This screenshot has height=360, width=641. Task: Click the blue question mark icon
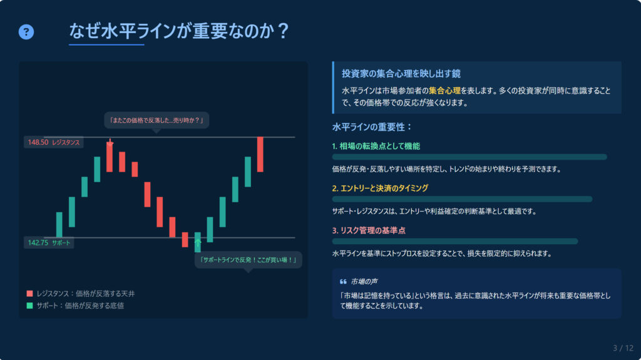tap(26, 32)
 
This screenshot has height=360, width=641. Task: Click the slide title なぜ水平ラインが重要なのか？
tap(179, 31)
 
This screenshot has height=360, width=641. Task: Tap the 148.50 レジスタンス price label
tap(54, 142)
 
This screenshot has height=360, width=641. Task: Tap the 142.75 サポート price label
tap(49, 242)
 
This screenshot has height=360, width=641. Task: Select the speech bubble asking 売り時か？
tap(156, 120)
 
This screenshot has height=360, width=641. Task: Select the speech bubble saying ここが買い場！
tap(248, 260)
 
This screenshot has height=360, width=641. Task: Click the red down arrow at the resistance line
tap(110, 142)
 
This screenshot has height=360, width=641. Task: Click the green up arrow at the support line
tap(198, 244)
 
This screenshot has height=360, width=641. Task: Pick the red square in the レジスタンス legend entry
tap(29, 293)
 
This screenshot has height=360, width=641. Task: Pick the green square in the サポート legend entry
tap(29, 305)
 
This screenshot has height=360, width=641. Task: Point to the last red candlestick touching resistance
tap(260, 154)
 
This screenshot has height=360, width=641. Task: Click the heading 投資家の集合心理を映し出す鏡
tap(401, 74)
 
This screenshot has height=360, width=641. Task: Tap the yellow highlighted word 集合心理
tap(444, 91)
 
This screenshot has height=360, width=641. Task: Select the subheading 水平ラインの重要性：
tap(372, 127)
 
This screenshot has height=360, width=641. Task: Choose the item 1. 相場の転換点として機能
tap(376, 146)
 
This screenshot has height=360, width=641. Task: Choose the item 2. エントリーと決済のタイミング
tap(380, 188)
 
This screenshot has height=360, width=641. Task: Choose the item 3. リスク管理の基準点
tap(369, 230)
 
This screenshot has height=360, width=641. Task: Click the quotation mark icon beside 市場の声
tap(344, 282)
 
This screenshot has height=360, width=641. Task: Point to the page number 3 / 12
tap(623, 348)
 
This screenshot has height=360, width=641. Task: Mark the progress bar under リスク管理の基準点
tap(455, 242)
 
